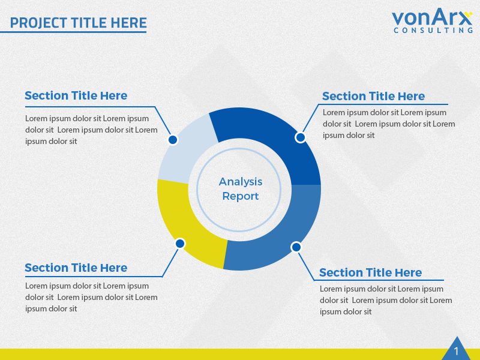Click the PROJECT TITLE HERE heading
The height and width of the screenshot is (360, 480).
(78, 23)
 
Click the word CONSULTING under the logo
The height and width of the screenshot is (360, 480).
(433, 30)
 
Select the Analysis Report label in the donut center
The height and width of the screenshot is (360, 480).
(241, 188)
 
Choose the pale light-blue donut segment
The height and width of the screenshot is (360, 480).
(186, 150)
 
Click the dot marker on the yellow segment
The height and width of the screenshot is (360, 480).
(180, 244)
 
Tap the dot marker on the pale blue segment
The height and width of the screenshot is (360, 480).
(173, 140)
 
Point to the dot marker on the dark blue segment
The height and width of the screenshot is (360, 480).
(301, 137)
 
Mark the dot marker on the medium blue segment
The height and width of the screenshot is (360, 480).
(296, 247)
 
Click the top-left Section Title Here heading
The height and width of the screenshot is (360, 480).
(76, 95)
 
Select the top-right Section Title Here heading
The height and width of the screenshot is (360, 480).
(373, 96)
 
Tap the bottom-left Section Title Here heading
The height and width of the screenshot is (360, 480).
(76, 268)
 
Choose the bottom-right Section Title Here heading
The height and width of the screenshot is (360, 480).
(370, 272)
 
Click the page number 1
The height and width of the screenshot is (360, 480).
(456, 351)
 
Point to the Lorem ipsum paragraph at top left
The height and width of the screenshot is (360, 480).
(90, 130)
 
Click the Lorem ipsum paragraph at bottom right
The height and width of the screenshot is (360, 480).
(385, 300)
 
